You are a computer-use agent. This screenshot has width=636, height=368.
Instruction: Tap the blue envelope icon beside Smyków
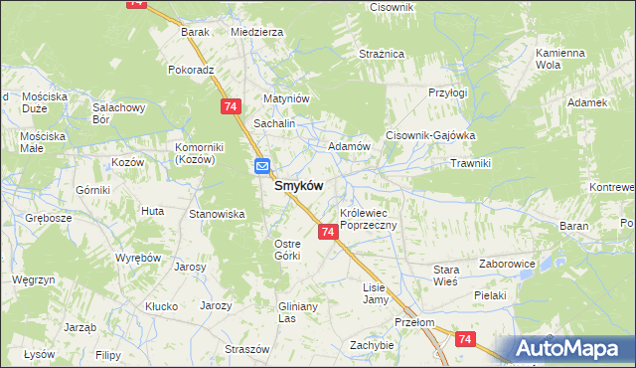tap(262, 166)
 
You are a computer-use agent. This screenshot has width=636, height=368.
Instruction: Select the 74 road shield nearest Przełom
tap(465, 339)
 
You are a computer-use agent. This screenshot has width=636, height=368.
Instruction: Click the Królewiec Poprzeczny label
tap(369, 220)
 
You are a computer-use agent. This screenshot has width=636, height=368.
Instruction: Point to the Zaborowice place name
tap(507, 265)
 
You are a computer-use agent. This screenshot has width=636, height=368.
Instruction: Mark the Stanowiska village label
tap(217, 214)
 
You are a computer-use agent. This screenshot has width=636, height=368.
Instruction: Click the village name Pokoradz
tap(192, 71)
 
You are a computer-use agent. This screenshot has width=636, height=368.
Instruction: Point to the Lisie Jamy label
tap(375, 292)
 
